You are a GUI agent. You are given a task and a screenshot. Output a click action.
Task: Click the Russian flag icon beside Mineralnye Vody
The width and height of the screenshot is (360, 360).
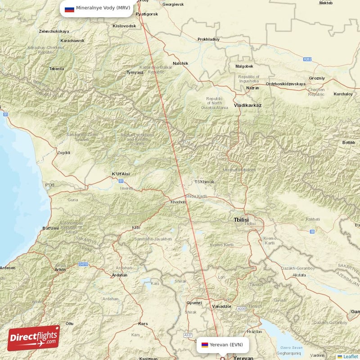pos(69,9)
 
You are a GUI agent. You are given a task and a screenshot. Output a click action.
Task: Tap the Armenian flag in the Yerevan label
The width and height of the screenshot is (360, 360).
pos(205,345)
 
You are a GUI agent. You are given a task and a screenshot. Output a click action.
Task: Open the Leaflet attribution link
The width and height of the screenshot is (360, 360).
pos(350,356)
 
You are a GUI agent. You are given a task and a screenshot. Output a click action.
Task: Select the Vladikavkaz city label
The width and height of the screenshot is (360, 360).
pos(247,105)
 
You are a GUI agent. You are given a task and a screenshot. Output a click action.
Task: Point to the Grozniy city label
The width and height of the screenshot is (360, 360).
pos(317,78)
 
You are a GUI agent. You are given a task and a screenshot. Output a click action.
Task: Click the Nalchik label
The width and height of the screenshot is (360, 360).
pos(180,63)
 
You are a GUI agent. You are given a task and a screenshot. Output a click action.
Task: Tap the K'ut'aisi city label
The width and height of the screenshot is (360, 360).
pos(120,174)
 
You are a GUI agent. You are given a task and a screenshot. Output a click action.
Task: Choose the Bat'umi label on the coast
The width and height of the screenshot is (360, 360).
pos(50,228)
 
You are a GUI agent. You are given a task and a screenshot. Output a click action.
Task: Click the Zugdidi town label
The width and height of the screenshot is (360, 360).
pos(63,153)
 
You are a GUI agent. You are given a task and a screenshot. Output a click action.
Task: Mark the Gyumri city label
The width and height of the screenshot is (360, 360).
pos(194,303)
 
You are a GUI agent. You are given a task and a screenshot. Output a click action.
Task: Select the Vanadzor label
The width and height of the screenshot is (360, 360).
pos(221,306)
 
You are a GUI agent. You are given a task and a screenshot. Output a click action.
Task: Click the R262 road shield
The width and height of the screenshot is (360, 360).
pos(307,59)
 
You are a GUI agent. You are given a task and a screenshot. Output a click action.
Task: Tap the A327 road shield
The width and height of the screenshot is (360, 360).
pos(189,335)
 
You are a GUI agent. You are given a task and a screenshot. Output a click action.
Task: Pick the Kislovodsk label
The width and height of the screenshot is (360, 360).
pos(124,26)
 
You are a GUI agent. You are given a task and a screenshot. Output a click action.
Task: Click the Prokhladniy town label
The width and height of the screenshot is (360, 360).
pos(208,39)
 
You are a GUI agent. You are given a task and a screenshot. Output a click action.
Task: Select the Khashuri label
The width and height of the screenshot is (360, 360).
pos(178,202)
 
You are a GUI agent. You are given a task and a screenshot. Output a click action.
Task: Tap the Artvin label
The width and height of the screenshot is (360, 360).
pos(59,270)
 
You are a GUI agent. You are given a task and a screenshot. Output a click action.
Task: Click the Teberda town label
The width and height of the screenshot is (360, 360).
pos(56,69)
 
